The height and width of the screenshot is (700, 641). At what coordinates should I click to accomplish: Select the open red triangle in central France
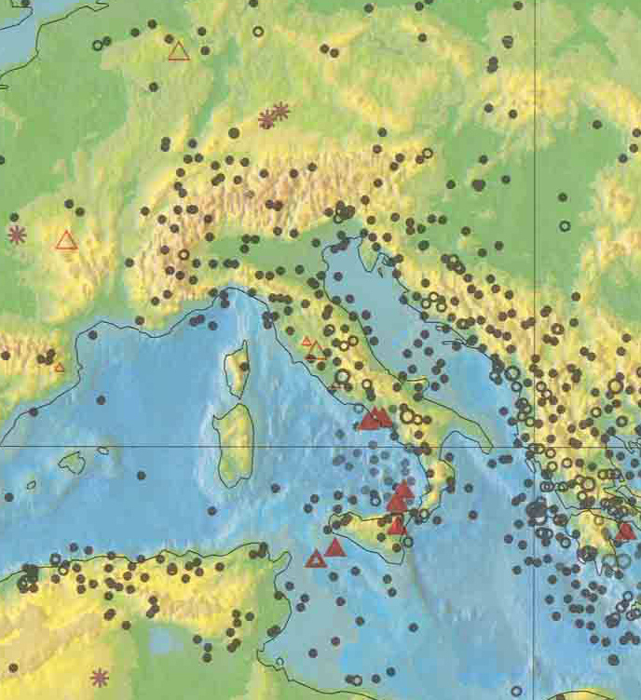[x=66, y=240]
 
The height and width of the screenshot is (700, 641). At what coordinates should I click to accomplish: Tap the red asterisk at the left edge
[x=16, y=235]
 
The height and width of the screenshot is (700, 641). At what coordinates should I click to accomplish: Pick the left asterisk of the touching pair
[x=267, y=118]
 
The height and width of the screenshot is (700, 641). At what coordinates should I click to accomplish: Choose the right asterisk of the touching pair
[x=280, y=111]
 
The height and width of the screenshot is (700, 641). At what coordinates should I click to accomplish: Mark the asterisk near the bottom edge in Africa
[x=99, y=677]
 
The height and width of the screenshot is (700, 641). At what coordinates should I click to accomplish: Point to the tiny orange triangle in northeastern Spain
[x=60, y=367]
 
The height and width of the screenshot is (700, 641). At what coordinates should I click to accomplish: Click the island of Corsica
[x=238, y=368]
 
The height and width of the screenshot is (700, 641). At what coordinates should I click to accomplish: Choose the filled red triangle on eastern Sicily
[x=398, y=525]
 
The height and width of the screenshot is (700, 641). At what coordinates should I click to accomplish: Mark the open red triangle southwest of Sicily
[x=316, y=559]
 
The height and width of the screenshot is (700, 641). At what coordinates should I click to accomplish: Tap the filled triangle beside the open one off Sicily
[x=335, y=547]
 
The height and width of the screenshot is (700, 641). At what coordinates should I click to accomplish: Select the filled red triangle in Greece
[x=626, y=532]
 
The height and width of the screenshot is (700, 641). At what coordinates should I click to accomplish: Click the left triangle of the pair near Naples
[x=369, y=420]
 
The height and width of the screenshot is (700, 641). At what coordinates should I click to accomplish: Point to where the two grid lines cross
[x=535, y=446]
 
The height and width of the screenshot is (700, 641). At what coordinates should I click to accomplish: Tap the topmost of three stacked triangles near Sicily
[x=403, y=490]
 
